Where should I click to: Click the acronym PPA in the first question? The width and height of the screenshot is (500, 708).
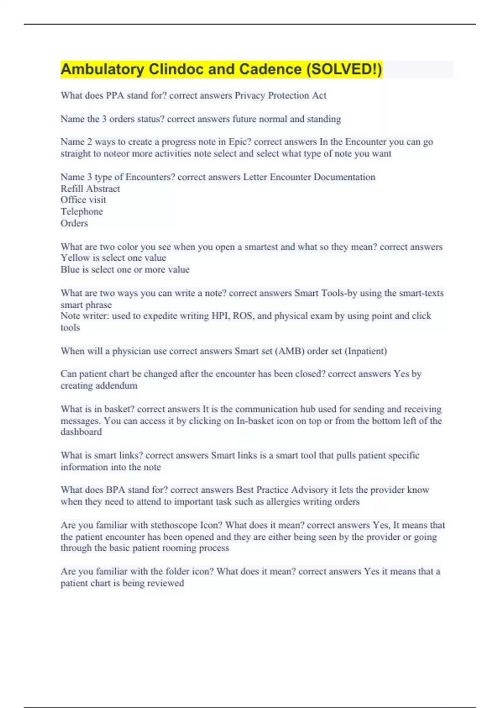click(x=115, y=95)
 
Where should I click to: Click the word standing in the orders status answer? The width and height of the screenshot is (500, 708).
click(x=324, y=119)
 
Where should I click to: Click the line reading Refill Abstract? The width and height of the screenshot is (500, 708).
click(x=90, y=189)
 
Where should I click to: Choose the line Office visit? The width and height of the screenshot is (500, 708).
click(x=83, y=200)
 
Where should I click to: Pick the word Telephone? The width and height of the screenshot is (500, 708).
click(x=82, y=212)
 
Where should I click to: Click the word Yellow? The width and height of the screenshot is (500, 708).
click(x=72, y=258)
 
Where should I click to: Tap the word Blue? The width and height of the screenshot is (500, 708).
click(x=69, y=269)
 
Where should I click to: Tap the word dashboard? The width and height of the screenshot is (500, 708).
click(x=81, y=432)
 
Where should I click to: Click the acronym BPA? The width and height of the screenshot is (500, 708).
click(x=115, y=490)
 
